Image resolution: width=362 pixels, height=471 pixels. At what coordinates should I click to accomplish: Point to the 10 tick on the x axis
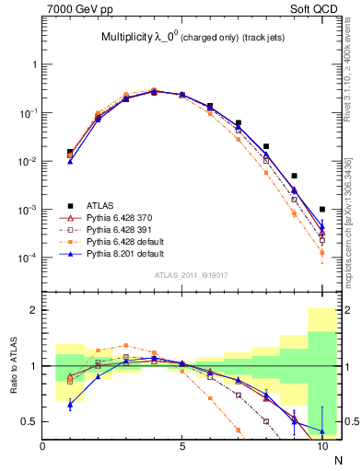point(322,447)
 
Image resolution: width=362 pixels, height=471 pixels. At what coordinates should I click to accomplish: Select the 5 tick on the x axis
point(182,447)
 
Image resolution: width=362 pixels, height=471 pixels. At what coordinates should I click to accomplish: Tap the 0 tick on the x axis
point(42,447)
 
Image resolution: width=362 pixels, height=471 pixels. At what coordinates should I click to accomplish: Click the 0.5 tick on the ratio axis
point(29,421)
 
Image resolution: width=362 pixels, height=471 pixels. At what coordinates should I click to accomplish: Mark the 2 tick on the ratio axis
point(32,311)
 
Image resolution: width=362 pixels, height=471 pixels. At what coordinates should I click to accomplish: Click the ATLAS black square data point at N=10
point(322,209)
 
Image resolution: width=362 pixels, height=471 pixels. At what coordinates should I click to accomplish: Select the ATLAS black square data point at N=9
point(294,176)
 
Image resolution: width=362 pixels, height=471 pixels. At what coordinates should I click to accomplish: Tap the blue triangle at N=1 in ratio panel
point(70,404)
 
